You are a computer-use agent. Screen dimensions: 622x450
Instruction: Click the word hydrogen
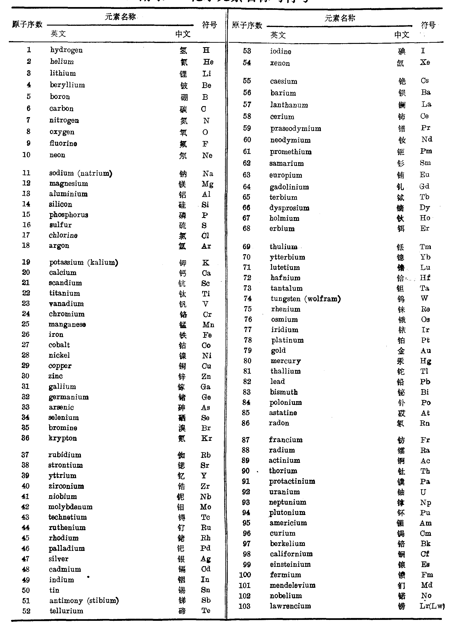(66, 50)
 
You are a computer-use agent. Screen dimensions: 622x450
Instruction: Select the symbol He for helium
(208, 62)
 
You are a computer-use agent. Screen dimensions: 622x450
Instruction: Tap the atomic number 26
(26, 334)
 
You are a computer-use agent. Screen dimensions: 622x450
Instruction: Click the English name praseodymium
(295, 129)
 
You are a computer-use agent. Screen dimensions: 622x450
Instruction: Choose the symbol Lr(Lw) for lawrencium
(432, 606)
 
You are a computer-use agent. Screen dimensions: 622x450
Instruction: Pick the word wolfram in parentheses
(323, 299)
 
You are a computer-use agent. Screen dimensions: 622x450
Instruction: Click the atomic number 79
(247, 350)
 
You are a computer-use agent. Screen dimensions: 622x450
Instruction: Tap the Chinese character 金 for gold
(401, 351)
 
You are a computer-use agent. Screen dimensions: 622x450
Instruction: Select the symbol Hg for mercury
(426, 361)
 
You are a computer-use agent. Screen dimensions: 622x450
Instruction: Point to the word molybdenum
(70, 507)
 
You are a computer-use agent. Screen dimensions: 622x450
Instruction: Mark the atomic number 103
(244, 606)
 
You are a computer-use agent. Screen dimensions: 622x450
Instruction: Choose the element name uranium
(284, 492)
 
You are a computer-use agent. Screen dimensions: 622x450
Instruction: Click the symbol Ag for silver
(206, 559)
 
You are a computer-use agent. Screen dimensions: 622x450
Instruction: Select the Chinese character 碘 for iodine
(401, 51)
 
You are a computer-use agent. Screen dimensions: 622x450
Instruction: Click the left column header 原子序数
(27, 25)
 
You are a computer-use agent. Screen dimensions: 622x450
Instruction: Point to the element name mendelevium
(292, 585)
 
